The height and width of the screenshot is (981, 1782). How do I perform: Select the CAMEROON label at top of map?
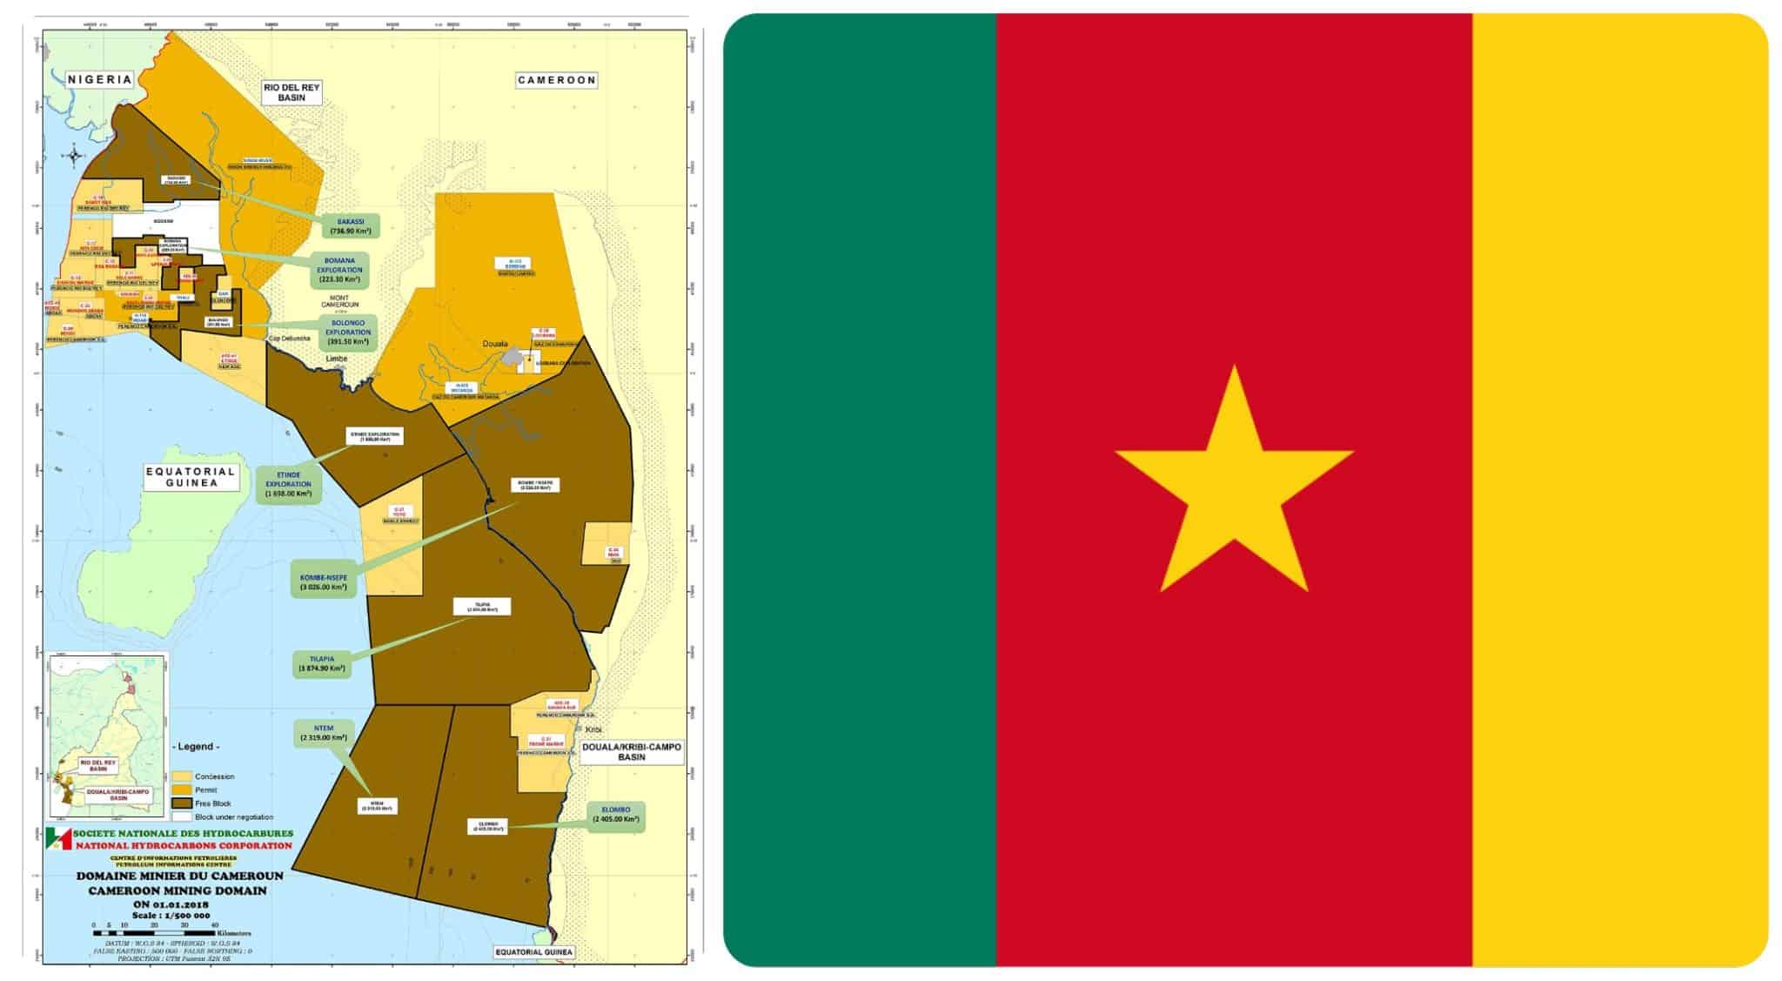point(557,80)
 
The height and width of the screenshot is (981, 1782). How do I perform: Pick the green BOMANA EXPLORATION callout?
point(339,271)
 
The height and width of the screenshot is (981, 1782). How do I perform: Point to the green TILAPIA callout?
point(323,663)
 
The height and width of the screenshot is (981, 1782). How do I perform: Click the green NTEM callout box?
point(323,733)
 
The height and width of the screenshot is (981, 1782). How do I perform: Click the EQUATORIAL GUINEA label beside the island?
point(191,477)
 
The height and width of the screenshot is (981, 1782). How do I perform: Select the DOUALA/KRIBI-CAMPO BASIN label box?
point(632,752)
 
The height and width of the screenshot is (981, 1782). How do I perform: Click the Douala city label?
point(495,344)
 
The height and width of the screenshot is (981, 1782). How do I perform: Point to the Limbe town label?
point(337,359)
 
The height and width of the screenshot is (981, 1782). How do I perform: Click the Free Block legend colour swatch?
point(182,803)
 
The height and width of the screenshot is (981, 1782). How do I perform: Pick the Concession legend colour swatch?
point(182,776)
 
